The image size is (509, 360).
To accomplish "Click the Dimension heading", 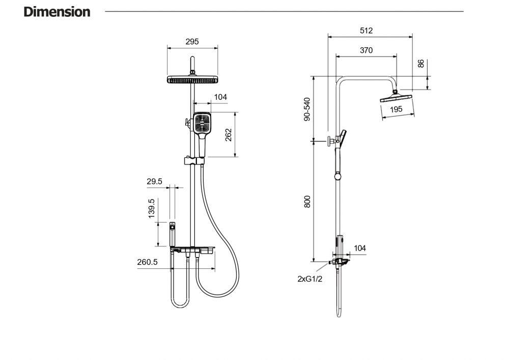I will point(57,12).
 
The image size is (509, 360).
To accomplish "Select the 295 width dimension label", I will point(192,42).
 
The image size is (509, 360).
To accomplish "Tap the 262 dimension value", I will point(229,134).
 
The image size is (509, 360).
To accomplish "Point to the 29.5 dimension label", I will point(154,181).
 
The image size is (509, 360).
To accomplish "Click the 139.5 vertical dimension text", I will point(152,209).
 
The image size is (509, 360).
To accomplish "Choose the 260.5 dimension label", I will point(148,262).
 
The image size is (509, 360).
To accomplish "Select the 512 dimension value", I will point(366,31).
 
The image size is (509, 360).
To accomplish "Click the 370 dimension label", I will point(366,50).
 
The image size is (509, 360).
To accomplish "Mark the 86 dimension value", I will point(421,64).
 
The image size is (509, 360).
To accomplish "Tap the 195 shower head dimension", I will point(396,109).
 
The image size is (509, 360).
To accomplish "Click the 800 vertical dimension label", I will point(307,202).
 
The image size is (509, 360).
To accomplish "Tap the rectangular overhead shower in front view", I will point(193,79).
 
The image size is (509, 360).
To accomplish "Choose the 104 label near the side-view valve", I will point(360,248).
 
